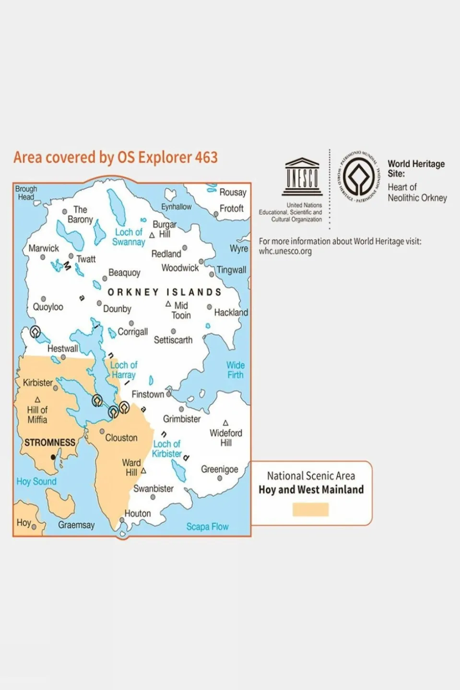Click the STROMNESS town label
coord(50,442)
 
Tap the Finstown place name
coord(148,394)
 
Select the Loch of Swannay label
coord(129,237)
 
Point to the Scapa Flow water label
coord(207,526)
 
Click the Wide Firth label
coord(235,370)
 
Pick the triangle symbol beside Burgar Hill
coord(152,235)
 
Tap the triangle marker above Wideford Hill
coord(225,423)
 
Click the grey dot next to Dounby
coord(99,304)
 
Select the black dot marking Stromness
coord(53,457)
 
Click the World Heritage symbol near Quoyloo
coord(35,331)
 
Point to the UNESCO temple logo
coord(302,177)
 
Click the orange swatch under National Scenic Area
coord(310,509)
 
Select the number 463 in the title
coord(206,157)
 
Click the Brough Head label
coord(26,193)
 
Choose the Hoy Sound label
coord(36,481)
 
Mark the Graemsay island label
coord(76,525)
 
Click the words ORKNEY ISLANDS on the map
coord(165,292)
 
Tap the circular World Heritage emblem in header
coord(359,177)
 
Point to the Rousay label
coord(233,192)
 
